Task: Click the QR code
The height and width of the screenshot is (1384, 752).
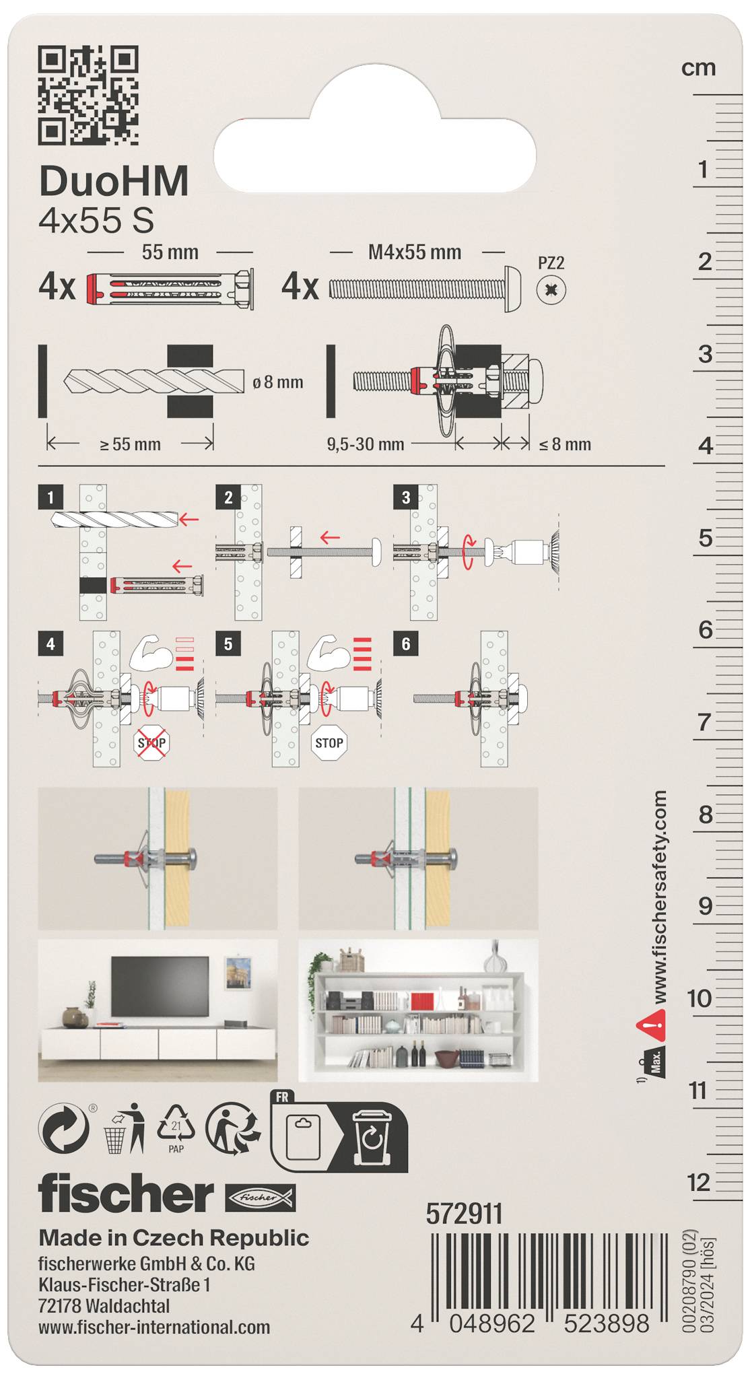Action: pyautogui.click(x=88, y=95)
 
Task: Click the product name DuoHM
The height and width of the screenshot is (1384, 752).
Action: pyautogui.click(x=114, y=181)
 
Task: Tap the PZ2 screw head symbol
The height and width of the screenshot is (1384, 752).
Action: pyautogui.click(x=551, y=291)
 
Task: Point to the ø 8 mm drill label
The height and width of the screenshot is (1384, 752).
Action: pyautogui.click(x=277, y=382)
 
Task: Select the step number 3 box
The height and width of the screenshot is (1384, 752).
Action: pyautogui.click(x=405, y=497)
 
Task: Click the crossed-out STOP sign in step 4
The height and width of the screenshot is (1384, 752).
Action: pyautogui.click(x=151, y=743)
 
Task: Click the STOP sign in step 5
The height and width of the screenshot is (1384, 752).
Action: pyautogui.click(x=329, y=743)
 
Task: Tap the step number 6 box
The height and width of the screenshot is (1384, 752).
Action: pyautogui.click(x=405, y=644)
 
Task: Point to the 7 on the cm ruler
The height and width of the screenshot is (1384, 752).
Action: pyautogui.click(x=704, y=722)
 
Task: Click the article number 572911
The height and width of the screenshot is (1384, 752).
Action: pyautogui.click(x=464, y=1214)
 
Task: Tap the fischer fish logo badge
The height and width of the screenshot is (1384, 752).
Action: pyautogui.click(x=260, y=1198)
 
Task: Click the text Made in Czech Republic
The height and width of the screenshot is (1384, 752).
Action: pyautogui.click(x=174, y=1237)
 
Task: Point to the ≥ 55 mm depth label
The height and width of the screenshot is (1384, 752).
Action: pyautogui.click(x=130, y=444)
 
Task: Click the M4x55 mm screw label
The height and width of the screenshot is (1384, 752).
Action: pyautogui.click(x=415, y=252)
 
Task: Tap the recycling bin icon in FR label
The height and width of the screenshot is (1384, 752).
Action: pyautogui.click(x=371, y=1138)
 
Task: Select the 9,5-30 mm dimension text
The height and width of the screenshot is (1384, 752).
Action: pyautogui.click(x=366, y=444)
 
